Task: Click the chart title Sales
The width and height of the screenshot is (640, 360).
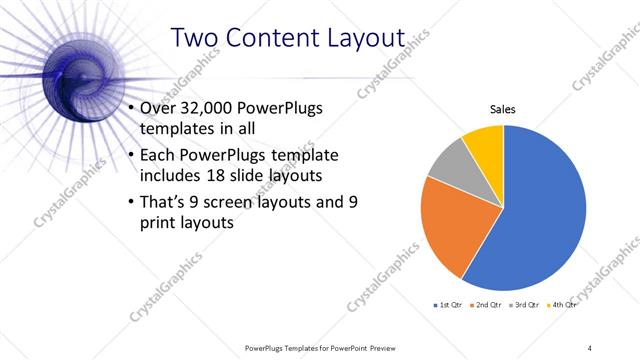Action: coord(502,110)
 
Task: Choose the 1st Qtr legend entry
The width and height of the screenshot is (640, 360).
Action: coord(446,303)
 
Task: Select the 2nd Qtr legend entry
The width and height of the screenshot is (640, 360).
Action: coord(483,303)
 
